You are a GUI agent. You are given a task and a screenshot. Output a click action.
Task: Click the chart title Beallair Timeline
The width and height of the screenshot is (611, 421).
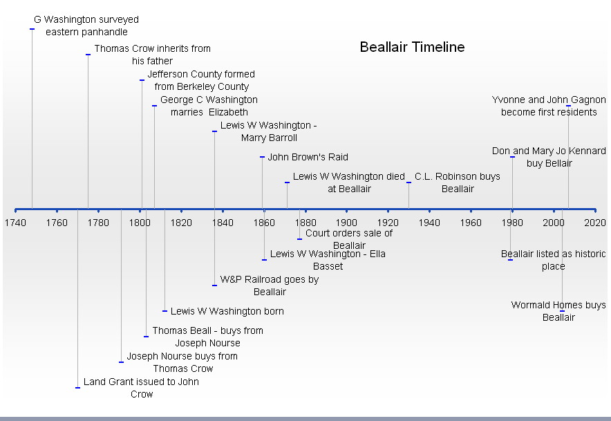coord(412,47)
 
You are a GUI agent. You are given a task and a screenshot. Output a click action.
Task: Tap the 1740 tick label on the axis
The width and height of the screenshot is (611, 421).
coord(15,223)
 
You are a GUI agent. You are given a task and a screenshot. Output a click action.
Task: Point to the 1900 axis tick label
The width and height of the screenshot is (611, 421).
coord(346,223)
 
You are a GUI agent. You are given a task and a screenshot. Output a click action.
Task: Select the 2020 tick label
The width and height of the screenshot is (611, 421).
coord(595,223)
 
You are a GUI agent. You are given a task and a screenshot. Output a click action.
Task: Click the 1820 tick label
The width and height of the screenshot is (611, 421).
coord(181,223)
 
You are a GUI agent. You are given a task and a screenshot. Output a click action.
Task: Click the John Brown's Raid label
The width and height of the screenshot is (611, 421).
coord(308,157)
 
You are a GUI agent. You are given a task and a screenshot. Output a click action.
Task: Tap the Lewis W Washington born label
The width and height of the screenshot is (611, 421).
coord(227,311)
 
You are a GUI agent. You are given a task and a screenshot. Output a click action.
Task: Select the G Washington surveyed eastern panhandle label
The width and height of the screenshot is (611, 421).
coord(86,26)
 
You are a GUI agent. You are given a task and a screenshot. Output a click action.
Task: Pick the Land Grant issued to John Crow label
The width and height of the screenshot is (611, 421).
coord(142,388)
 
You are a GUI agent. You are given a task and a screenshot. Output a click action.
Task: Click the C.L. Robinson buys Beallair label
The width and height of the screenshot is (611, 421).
coord(458,183)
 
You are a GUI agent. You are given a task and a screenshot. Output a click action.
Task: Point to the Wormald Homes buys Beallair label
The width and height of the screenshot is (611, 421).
coord(558,311)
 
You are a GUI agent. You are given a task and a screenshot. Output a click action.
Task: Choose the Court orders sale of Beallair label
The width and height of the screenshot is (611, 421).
coord(349,239)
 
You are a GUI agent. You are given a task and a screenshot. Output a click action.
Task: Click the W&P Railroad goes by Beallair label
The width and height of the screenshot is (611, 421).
coord(270,286)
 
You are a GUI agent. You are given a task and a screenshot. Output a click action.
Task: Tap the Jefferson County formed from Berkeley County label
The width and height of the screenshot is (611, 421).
coord(201,80)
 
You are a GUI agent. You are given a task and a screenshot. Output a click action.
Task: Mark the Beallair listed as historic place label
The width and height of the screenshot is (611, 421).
coord(554,260)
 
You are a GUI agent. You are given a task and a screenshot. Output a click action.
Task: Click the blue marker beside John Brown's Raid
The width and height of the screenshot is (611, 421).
coord(262,157)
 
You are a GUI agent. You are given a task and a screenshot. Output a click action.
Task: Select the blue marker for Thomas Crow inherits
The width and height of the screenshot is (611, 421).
coord(88,55)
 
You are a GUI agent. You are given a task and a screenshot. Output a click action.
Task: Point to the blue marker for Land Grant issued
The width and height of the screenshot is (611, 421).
coord(77,388)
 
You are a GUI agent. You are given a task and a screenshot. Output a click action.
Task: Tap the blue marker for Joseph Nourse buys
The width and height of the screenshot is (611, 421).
coord(121,362)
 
